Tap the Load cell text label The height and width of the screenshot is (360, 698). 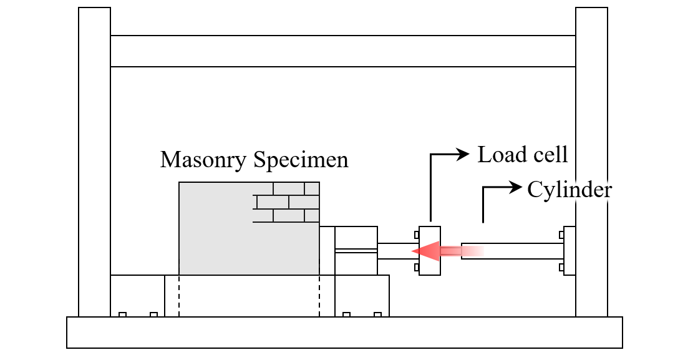[523, 155]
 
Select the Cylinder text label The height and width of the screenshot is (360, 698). [570, 190]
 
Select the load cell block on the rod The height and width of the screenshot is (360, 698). [430, 251]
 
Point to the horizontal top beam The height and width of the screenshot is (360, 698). [342, 51]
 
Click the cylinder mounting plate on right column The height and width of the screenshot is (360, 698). [570, 251]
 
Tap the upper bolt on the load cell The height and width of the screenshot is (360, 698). [417, 235]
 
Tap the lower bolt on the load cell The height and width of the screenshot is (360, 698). [417, 268]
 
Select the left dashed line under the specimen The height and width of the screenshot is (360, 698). [179, 296]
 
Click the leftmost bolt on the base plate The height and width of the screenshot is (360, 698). [122, 314]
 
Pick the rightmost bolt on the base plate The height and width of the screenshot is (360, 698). [378, 314]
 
